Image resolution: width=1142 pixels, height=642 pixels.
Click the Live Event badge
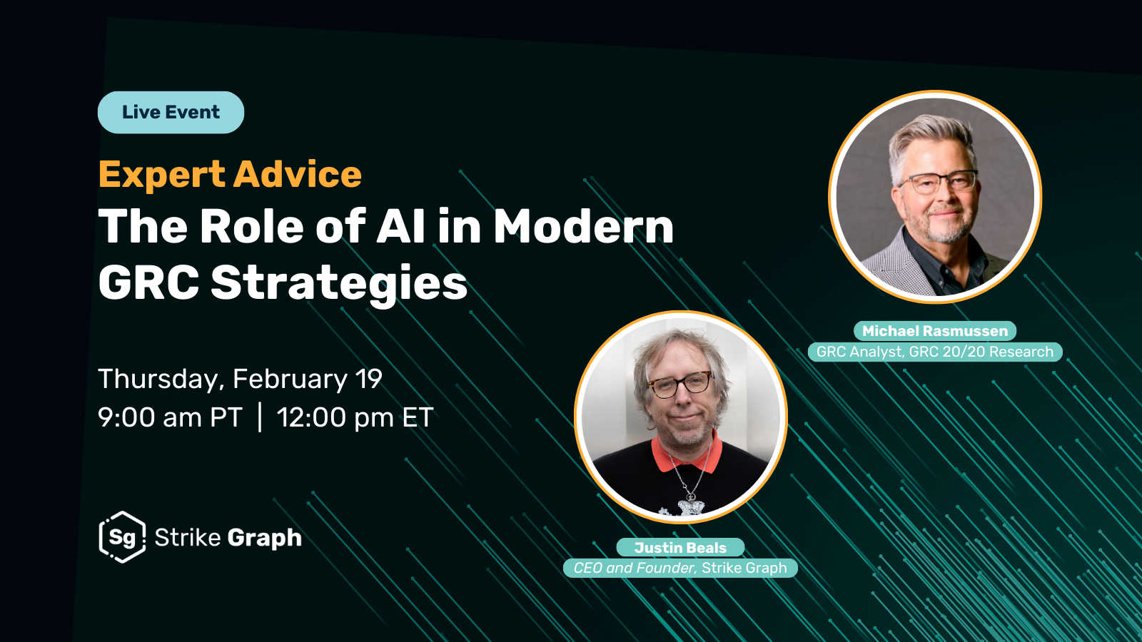click(x=171, y=113)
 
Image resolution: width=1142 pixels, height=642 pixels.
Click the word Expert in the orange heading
click(x=161, y=175)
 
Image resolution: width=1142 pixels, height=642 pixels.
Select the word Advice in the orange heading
click(x=298, y=174)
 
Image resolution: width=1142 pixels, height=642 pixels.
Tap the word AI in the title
click(x=400, y=225)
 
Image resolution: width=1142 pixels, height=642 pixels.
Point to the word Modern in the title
click(x=584, y=225)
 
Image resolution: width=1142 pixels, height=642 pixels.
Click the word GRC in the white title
click(x=148, y=282)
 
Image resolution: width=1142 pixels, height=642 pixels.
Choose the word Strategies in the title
click(x=339, y=284)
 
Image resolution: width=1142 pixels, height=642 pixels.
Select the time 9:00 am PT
click(x=170, y=417)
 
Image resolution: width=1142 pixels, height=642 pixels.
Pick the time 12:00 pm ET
click(x=355, y=417)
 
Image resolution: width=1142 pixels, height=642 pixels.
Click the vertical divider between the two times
click(x=260, y=417)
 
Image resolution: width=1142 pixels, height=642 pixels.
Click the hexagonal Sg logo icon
click(x=122, y=537)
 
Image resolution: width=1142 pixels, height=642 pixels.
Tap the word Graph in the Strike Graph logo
click(x=265, y=539)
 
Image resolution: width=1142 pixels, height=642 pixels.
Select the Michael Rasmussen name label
click(x=935, y=331)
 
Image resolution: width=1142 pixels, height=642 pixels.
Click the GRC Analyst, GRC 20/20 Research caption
click(x=935, y=352)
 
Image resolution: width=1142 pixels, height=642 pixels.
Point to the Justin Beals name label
click(x=680, y=547)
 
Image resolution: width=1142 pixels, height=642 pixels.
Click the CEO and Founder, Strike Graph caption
click(x=680, y=568)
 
